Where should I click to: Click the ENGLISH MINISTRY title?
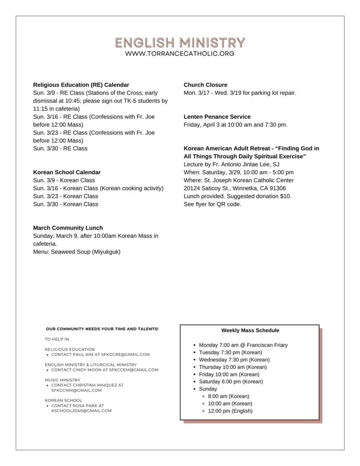(x=180, y=43)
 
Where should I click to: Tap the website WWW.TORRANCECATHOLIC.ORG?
(x=180, y=54)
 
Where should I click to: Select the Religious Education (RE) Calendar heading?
(x=81, y=85)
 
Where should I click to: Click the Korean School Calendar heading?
(x=67, y=172)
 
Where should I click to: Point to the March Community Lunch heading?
(x=68, y=228)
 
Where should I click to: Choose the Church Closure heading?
(x=205, y=85)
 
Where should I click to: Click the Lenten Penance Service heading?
(x=217, y=116)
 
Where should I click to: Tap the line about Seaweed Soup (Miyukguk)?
(x=76, y=252)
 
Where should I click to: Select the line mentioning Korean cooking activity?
(x=98, y=188)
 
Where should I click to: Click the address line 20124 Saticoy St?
(x=234, y=188)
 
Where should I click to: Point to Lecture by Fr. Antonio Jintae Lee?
(x=231, y=164)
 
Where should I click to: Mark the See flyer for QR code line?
(x=212, y=204)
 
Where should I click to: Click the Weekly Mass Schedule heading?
(x=250, y=330)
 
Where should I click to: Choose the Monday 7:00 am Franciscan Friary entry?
(x=243, y=345)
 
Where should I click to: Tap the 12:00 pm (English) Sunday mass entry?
(x=230, y=411)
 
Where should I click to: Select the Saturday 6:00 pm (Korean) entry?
(x=231, y=381)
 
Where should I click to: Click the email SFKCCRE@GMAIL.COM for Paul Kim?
(x=126, y=355)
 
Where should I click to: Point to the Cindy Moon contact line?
(x=105, y=370)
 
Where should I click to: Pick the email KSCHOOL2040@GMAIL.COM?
(x=81, y=410)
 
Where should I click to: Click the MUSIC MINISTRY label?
(x=62, y=380)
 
